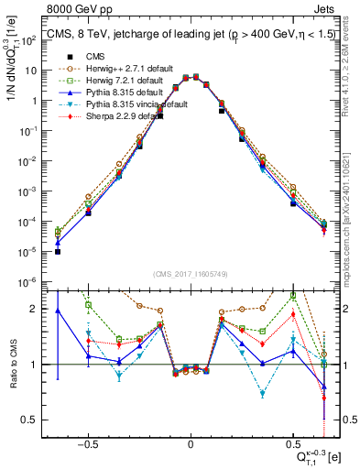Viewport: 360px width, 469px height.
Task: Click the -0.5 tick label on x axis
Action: tap(88, 442)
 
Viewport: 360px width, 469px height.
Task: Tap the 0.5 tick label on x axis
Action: tap(293, 442)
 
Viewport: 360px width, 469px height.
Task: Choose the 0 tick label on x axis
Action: tap(191, 442)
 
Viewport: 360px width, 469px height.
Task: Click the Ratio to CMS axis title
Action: tap(12, 362)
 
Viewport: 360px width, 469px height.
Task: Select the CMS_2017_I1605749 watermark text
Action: tap(190, 275)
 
